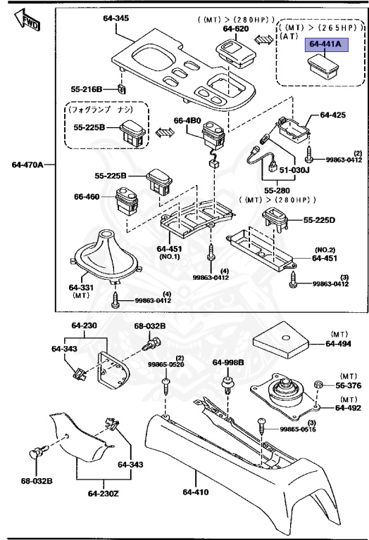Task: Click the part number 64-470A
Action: (27, 165)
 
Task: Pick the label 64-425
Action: (334, 114)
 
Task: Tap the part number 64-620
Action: (237, 28)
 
